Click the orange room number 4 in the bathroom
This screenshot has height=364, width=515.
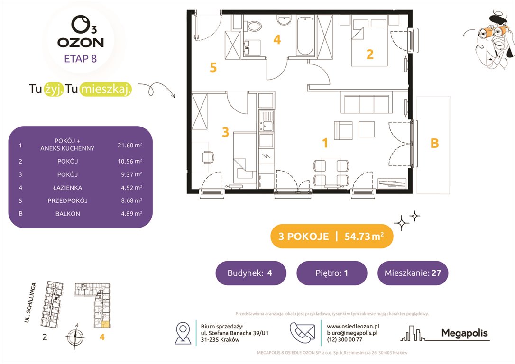click(277, 40)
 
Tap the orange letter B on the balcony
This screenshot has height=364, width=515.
click(434, 143)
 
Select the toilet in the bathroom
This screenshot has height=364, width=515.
click(253, 25)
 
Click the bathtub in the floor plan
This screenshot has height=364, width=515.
click(305, 36)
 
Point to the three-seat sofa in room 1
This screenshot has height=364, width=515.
click(366, 102)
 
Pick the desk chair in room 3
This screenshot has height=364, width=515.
click(208, 157)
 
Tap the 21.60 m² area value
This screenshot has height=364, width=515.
click(130, 145)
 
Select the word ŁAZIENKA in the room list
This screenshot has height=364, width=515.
click(68, 188)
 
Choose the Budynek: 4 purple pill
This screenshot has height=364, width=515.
click(250, 273)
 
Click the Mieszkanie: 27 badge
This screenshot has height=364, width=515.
click(413, 273)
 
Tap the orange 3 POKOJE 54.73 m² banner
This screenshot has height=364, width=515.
click(331, 236)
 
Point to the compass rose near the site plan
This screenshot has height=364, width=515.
click(75, 337)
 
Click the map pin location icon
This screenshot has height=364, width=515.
click(183, 333)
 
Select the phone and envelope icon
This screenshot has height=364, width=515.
click(302, 333)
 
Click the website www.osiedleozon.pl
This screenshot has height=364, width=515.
click(353, 327)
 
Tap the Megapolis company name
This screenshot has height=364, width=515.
click(464, 333)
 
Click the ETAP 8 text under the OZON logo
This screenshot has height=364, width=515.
click(81, 59)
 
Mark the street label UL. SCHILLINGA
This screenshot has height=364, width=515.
click(30, 302)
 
